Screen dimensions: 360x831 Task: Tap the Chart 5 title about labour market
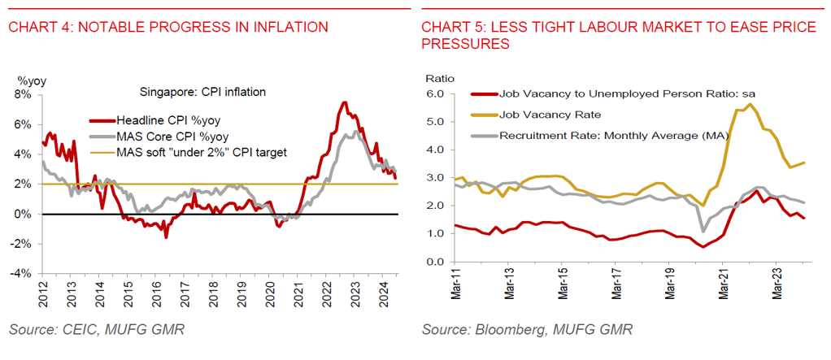[x=618, y=36]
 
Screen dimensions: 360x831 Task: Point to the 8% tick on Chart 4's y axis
[x=22, y=94]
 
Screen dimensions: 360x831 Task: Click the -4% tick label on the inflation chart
[x=20, y=274]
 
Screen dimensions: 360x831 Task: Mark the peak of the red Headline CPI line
[x=344, y=102]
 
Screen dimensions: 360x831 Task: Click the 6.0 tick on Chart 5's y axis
[x=435, y=94]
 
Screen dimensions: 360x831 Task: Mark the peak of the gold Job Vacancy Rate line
[x=749, y=105]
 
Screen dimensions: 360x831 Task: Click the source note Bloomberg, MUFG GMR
[x=526, y=330]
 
